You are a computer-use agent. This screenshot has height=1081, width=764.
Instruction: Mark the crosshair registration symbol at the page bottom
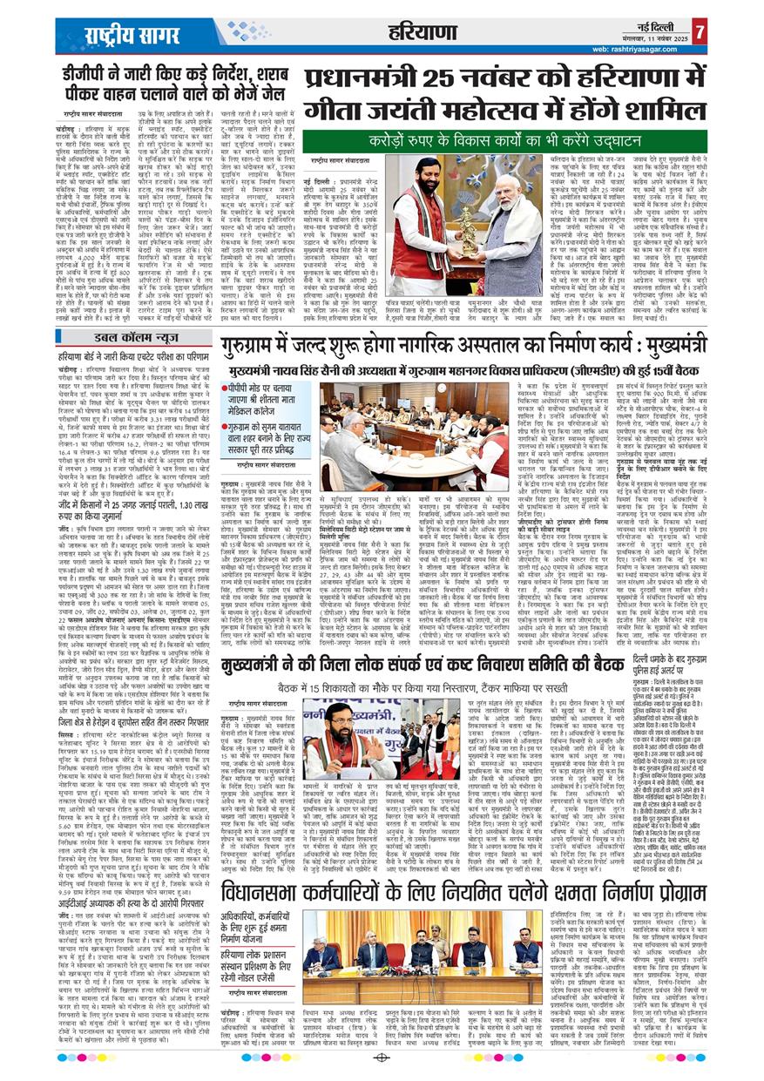click(382, 1057)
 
